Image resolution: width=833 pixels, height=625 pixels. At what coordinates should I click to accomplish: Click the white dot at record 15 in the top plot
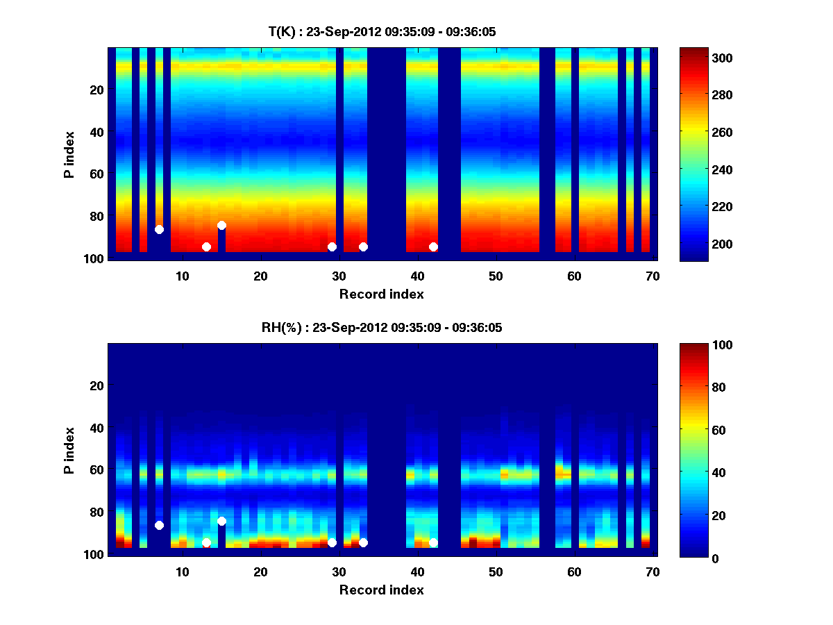point(221,225)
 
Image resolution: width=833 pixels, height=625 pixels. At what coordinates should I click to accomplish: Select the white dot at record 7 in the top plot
point(159,229)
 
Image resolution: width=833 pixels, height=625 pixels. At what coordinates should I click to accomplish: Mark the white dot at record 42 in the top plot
point(433,247)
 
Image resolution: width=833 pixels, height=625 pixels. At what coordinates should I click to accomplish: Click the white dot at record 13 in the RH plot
point(206,542)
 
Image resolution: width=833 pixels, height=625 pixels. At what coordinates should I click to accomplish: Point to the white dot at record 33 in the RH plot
point(363,542)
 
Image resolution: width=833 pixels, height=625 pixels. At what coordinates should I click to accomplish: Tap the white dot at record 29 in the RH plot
point(332,542)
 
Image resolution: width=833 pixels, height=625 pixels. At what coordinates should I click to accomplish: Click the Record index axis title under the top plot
point(381,294)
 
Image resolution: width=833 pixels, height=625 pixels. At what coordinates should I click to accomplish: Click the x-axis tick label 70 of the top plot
point(653,276)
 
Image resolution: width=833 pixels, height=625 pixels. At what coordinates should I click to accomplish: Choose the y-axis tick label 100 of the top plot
point(95,258)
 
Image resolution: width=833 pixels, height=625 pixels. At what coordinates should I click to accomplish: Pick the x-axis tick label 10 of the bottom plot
point(182,572)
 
